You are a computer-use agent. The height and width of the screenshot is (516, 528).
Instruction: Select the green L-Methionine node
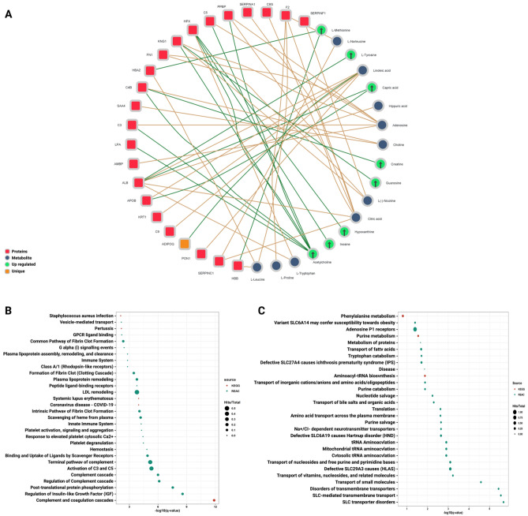coord(321,30)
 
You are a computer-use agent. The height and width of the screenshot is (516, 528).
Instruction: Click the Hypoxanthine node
coord(345,233)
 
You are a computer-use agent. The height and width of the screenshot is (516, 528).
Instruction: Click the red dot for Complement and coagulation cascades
coord(214,500)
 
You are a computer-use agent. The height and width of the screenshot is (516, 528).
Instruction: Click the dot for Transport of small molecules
coord(481,482)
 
